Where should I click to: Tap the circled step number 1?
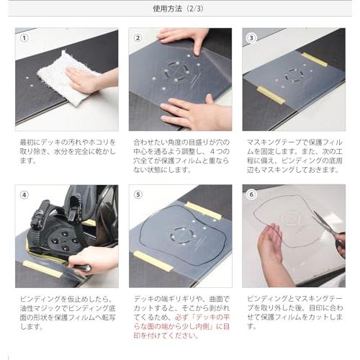tap(24, 37)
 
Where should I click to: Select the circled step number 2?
tap(138, 37)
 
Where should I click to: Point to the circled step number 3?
tap(251, 37)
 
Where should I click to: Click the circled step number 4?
tap(24, 194)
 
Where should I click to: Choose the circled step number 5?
tap(138, 194)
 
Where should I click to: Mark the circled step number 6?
tap(251, 194)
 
